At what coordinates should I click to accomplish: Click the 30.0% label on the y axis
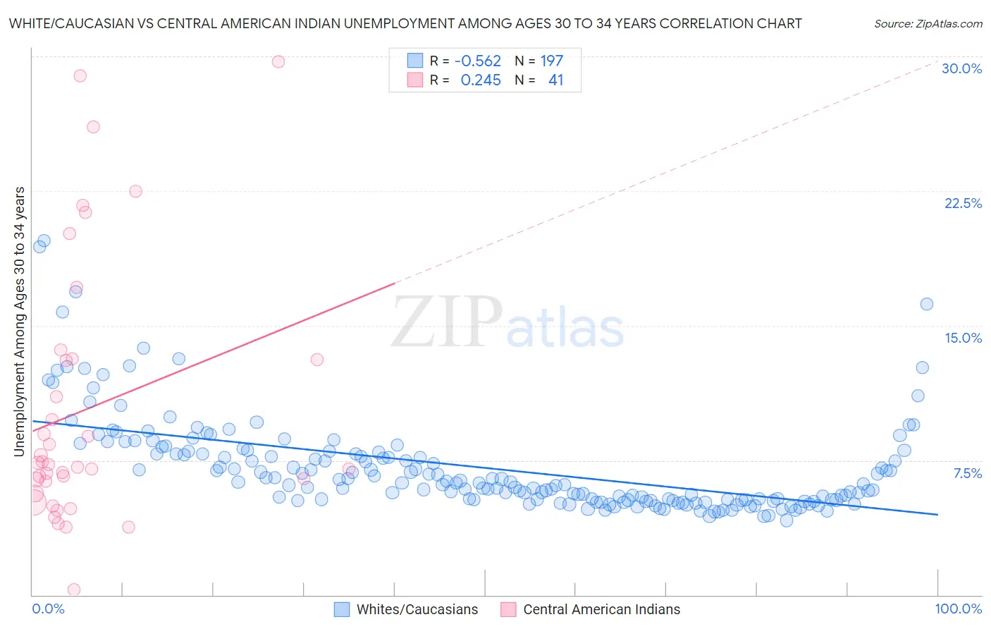(x=961, y=68)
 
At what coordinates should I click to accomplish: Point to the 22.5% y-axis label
(x=963, y=203)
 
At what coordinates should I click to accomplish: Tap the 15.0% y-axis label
(x=963, y=338)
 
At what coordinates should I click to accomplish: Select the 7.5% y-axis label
(x=967, y=473)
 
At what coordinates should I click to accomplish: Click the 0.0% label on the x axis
(x=48, y=609)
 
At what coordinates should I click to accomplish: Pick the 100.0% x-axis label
(x=958, y=609)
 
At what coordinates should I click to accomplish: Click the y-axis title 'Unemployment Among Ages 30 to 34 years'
(x=20, y=322)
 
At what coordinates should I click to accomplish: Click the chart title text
(x=405, y=23)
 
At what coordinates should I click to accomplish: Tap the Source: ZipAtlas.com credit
(x=928, y=23)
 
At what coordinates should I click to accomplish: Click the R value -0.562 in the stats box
(x=477, y=61)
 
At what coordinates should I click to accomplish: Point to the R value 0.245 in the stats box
(x=481, y=80)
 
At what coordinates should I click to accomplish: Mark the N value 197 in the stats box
(x=551, y=61)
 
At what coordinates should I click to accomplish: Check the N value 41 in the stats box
(x=555, y=80)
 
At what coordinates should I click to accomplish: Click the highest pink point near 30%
(x=278, y=61)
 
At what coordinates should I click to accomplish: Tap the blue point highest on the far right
(x=927, y=304)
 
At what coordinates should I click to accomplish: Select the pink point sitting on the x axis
(x=74, y=590)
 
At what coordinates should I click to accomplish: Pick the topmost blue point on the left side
(x=44, y=240)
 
